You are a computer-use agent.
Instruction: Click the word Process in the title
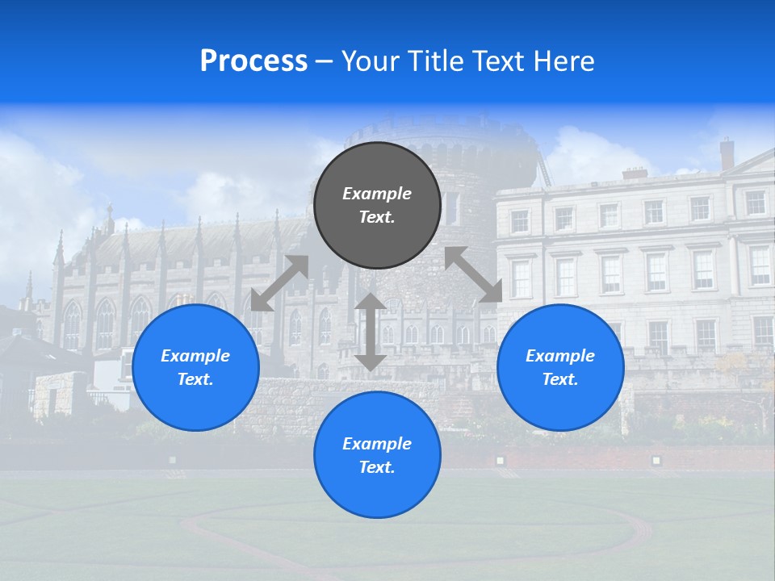253,61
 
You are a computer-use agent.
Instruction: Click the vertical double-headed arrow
371,332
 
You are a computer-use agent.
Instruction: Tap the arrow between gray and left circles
279,283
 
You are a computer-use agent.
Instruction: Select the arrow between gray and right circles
474,274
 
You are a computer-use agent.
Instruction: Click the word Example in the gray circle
377,194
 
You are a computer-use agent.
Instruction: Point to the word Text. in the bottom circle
377,467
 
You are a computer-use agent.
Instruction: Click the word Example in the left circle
195,356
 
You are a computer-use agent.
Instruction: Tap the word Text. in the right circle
560,379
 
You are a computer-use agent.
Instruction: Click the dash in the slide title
324,61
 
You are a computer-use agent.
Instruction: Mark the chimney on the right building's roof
727,153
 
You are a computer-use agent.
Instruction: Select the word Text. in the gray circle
377,217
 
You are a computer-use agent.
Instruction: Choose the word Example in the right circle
560,356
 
